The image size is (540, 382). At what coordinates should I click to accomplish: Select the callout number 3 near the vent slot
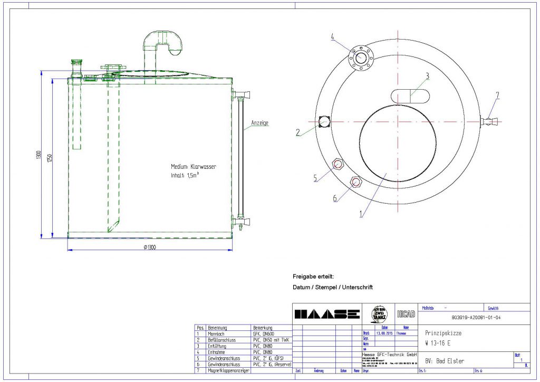pyautogui.click(x=428, y=75)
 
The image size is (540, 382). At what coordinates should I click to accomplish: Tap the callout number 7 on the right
pyautogui.click(x=497, y=95)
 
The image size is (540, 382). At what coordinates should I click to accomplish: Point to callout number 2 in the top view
pyautogui.click(x=298, y=133)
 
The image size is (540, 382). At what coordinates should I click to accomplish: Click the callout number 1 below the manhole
pyautogui.click(x=361, y=215)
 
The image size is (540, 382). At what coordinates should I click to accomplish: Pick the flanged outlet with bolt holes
pyautogui.click(x=361, y=57)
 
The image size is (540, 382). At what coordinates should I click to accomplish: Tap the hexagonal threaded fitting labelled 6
pyautogui.click(x=356, y=182)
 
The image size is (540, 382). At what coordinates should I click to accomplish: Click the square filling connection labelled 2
pyautogui.click(x=324, y=121)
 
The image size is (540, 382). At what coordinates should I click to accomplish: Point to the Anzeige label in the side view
pyautogui.click(x=259, y=123)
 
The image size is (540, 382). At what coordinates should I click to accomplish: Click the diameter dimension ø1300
pyautogui.click(x=151, y=247)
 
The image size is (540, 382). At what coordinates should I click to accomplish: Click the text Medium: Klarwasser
pyautogui.click(x=193, y=167)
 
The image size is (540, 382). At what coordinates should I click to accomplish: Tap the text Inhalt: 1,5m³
pyautogui.click(x=185, y=176)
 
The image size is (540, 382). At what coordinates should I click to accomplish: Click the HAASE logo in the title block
pyautogui.click(x=327, y=314)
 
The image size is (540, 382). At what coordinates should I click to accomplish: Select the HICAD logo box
pyautogui.click(x=405, y=314)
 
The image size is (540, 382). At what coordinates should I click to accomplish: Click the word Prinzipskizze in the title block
pyautogui.click(x=442, y=333)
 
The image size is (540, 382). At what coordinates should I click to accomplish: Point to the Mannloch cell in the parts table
pyautogui.click(x=217, y=333)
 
